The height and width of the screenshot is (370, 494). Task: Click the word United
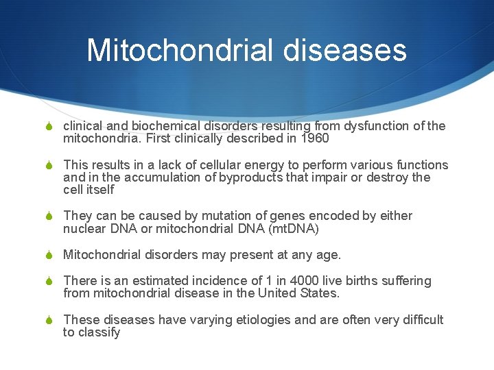tap(279, 293)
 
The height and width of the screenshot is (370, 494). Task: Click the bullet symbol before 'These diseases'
tap(49, 320)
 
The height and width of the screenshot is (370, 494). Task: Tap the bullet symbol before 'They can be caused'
tap(49, 217)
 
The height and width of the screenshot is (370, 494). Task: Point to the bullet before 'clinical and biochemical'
tap(49, 127)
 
